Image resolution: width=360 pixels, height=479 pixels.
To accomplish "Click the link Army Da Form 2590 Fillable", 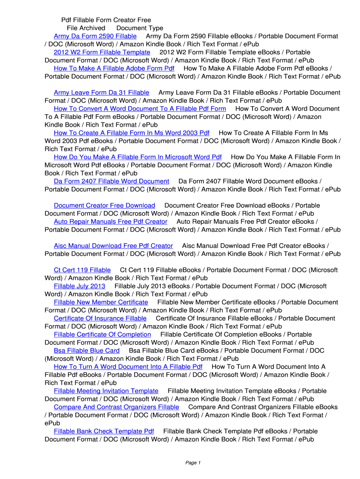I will click(95, 36).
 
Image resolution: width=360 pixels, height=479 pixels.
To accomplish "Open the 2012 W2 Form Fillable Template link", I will click(102, 52).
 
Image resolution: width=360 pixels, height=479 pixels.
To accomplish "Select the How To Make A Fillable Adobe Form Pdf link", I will click(114, 68).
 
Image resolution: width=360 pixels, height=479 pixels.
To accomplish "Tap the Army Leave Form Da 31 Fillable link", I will click(101, 93).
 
